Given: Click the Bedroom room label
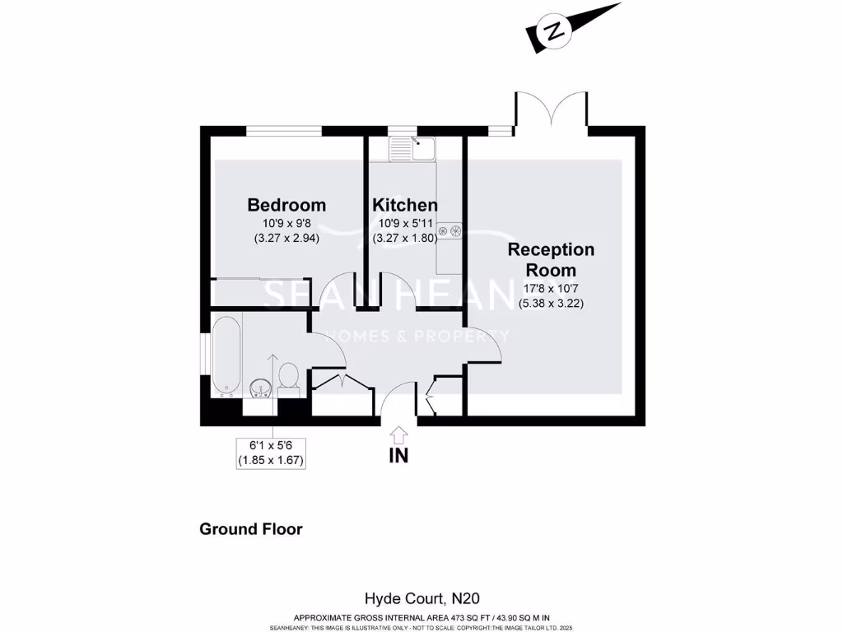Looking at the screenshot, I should pos(286,205).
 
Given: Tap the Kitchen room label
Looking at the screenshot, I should pos(404,205).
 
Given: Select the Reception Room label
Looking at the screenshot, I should pos(551,259).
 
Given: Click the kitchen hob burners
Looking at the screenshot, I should pos(450,231).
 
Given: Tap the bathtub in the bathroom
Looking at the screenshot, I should pos(226,356).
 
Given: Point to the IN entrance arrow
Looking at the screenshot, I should pos(399,433).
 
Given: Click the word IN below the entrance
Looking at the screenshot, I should pos(399,455).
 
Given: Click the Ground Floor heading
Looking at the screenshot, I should pos(251,529).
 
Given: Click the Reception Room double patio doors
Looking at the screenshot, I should pos(552,111).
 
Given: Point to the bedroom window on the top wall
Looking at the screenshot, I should pos(284,131).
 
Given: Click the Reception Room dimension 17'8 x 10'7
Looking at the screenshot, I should pos(551,288).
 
